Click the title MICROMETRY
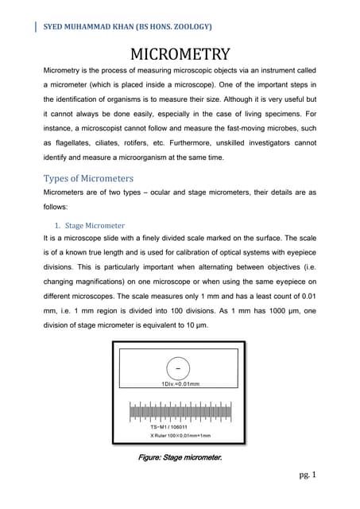179,54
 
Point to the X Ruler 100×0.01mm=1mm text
180,437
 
